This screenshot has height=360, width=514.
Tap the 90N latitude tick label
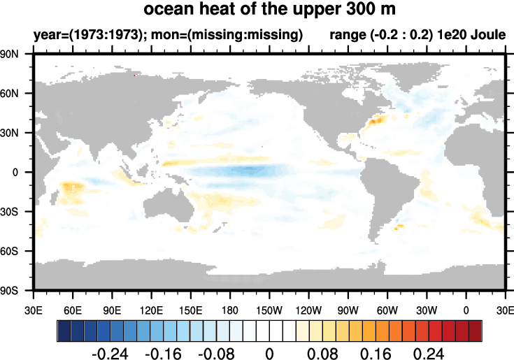click(x=19, y=54)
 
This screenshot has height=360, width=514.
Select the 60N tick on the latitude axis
click(x=19, y=93)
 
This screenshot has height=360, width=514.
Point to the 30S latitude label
click(x=19, y=211)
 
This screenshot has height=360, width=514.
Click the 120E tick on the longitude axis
click(x=151, y=309)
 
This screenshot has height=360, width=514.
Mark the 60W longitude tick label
click(x=387, y=309)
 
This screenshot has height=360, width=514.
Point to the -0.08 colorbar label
click(x=217, y=352)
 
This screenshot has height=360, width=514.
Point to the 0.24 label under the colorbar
click(x=428, y=352)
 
